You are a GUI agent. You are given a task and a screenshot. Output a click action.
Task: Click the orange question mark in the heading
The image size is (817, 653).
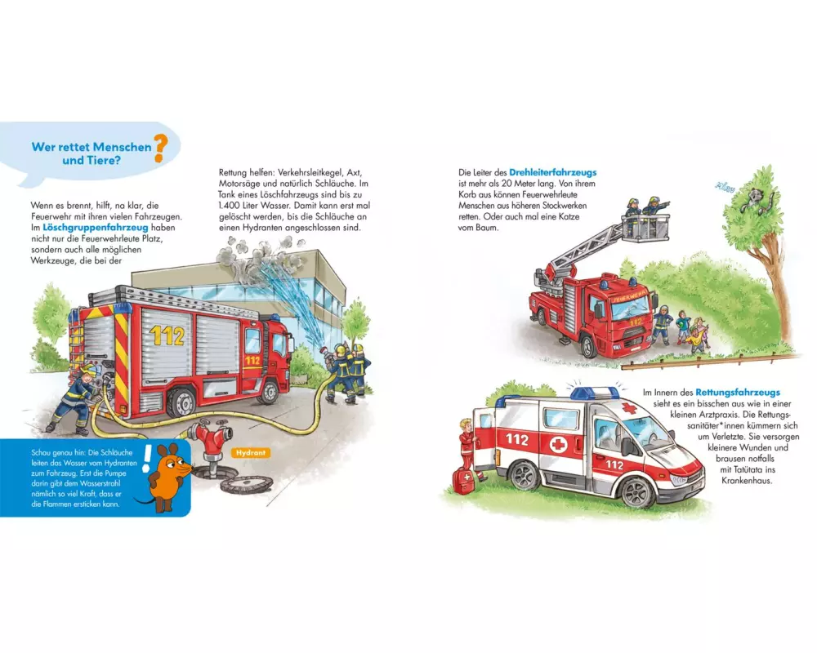(159, 148)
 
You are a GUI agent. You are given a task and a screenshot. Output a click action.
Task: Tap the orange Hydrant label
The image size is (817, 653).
(251, 453)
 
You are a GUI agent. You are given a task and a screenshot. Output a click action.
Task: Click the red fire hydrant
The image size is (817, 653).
(211, 441)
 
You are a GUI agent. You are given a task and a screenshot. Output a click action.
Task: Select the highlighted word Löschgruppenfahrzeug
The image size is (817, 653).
(96, 228)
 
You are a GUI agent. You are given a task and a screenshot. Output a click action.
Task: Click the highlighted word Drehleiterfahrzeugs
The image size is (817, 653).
(553, 172)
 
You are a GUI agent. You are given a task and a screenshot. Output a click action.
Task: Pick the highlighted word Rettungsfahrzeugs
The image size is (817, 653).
(738, 392)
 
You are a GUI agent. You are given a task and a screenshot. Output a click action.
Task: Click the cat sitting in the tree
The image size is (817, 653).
(756, 201)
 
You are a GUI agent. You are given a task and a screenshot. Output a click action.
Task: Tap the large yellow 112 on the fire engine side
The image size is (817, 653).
(167, 335)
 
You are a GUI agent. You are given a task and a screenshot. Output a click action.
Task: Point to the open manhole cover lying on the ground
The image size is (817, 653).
(247, 484)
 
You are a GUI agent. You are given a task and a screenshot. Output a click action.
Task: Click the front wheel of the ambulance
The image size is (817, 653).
(637, 491)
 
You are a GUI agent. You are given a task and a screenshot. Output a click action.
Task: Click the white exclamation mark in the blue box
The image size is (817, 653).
(147, 459)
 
